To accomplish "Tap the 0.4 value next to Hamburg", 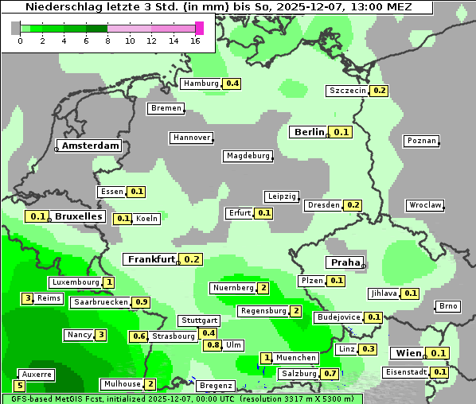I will pos(232,84).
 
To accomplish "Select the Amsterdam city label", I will pos(90,146).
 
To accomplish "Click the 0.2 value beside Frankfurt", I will pos(192,259).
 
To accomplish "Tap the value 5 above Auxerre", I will pos(20,386).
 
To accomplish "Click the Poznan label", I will pos(421,141).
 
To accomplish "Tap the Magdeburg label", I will pos(248,156).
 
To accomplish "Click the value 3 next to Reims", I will pos(28,298).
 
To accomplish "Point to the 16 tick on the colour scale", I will pos(196,41).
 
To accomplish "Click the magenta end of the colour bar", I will pos(199,28).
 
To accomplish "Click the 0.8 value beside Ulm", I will pos(213,345).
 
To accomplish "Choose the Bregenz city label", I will pos(215,386).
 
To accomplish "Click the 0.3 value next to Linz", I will pos(368,349).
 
